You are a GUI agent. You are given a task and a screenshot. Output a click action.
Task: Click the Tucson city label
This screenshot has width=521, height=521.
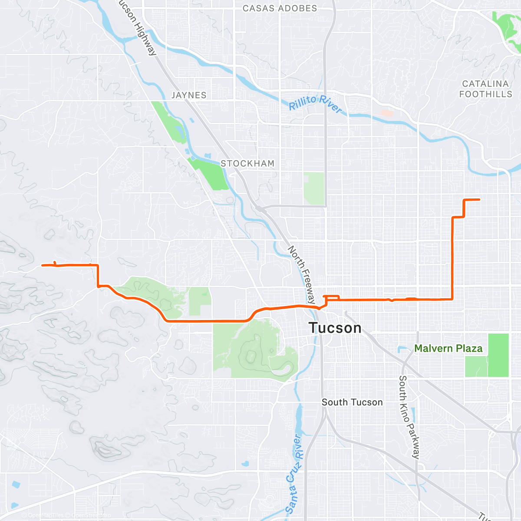click(335, 328)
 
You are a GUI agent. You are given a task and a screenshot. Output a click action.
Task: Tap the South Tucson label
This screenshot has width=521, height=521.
click(352, 402)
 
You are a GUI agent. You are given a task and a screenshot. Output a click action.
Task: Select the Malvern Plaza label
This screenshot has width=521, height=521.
click(448, 348)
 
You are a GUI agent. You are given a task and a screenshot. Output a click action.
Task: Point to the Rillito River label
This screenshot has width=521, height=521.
click(316, 104)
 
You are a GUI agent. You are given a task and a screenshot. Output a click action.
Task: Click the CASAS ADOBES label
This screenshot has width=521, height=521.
click(280, 8)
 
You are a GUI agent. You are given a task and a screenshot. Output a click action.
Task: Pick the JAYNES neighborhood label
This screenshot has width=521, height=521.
click(189, 95)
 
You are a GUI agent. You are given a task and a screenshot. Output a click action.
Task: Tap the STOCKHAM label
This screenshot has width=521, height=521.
click(247, 164)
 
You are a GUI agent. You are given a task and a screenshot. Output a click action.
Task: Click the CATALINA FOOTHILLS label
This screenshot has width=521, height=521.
click(485, 89)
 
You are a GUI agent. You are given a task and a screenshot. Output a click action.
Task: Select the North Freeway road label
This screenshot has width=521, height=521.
click(302, 274)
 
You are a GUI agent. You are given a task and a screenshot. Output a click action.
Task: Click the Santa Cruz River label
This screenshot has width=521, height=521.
click(294, 473)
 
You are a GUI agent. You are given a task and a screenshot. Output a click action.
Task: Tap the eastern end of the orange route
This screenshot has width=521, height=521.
click(479, 199)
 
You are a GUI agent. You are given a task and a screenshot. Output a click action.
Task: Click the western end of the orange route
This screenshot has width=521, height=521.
click(42, 265)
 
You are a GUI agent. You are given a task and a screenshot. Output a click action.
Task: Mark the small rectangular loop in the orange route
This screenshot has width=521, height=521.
click(332, 298)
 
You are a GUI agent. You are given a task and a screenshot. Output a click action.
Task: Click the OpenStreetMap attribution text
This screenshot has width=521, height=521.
click(91, 516)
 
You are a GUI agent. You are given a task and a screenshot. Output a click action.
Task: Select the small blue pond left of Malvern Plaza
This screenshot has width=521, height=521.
click(401, 349)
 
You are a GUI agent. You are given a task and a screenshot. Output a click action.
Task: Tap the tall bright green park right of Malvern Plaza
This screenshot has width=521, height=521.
click(498, 355)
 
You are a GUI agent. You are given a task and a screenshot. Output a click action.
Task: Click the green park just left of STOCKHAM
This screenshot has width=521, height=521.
click(208, 174)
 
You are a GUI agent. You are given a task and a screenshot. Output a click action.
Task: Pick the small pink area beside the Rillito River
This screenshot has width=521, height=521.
click(386, 113)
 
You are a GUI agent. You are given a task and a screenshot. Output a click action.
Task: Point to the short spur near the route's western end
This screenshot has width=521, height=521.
click(55, 263)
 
